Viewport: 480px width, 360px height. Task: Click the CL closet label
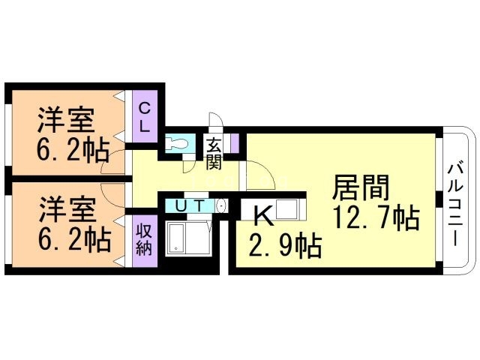coord(145,117)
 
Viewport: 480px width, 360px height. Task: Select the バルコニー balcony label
coord(454,201)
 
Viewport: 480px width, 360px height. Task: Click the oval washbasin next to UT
coord(221,205)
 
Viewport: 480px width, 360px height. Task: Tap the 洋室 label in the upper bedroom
coord(66,119)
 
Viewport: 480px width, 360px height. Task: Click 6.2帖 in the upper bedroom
coord(72,149)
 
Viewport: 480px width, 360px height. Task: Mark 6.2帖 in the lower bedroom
coord(72,240)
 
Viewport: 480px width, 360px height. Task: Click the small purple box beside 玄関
coord(234,142)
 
